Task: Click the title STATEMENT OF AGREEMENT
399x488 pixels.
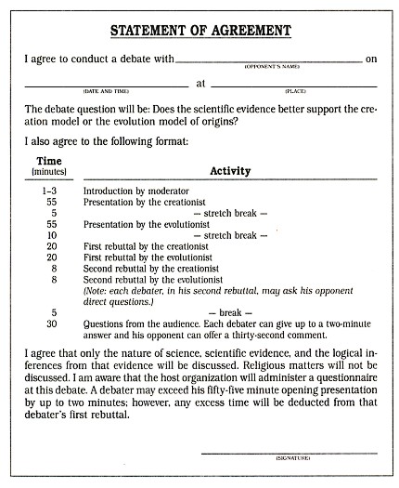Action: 200,31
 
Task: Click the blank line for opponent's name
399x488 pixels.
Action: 268,61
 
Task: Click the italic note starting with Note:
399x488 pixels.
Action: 223,295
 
